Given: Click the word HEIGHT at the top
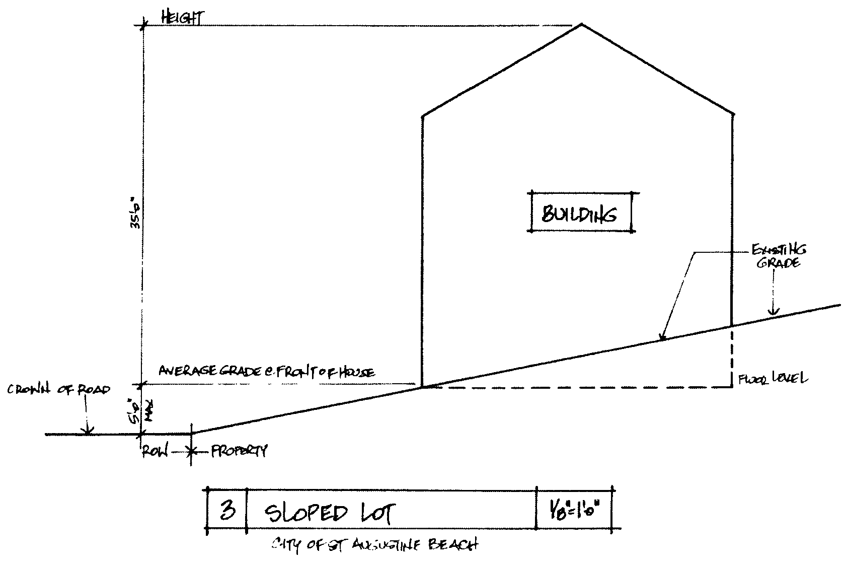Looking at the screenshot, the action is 182,19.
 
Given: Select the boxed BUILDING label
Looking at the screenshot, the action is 579,214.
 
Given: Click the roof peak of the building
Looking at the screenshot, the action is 582,24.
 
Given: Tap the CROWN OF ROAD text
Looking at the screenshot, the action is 58,390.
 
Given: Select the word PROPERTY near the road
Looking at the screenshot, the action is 239,450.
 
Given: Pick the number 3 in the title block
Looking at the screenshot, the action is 227,511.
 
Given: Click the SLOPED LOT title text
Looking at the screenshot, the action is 330,513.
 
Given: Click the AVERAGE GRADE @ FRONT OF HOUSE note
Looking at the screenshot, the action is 267,372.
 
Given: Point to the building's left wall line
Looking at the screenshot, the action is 422,252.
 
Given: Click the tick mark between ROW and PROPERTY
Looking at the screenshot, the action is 191,452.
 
